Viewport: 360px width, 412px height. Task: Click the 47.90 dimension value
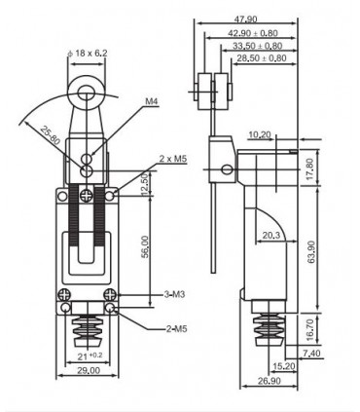point(245,19)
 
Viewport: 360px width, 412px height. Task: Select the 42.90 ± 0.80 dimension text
point(253,33)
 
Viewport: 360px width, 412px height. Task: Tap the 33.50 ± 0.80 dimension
point(257,46)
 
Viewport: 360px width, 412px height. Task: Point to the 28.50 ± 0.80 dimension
point(262,58)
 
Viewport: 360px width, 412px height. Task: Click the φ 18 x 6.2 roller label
point(87,53)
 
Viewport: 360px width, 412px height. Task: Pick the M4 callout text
point(152,101)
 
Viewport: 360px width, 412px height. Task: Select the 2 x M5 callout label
point(173,159)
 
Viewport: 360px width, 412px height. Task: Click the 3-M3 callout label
point(174,294)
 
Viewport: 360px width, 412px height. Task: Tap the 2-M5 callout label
point(177,329)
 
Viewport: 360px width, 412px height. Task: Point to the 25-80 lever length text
point(51,135)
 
